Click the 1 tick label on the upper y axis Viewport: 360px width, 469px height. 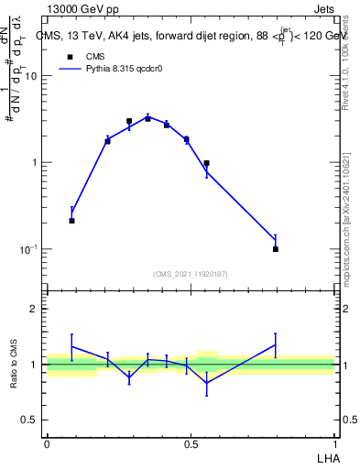36,163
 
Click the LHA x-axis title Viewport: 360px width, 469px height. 327,456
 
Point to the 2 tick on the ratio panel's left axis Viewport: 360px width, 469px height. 35,309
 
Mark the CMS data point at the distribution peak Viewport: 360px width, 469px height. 147,117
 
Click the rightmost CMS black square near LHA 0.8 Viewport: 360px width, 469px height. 276,248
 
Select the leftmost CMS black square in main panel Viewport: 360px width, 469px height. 71,221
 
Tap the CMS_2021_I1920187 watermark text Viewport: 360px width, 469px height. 191,274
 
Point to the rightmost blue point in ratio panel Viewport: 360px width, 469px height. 276,345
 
